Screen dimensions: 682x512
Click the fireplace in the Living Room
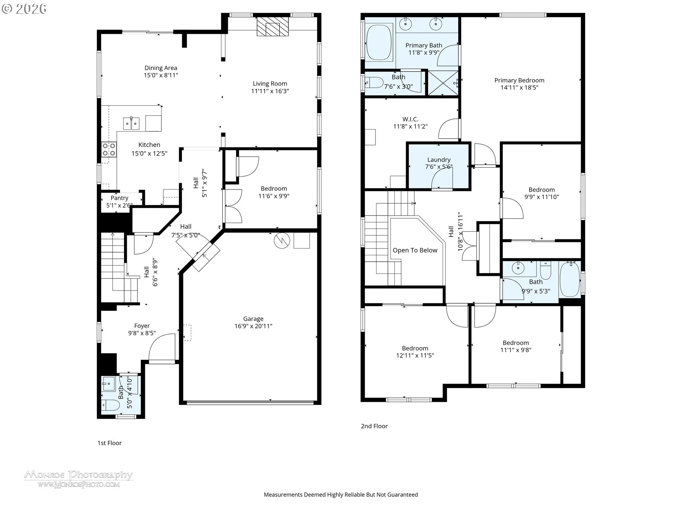(272, 27)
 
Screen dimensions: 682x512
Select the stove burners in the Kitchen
(109, 149)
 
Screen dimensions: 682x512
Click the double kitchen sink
(131, 123)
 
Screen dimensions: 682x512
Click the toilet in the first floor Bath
(110, 405)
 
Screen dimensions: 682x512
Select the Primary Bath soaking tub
(379, 42)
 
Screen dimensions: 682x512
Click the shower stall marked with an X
(443, 83)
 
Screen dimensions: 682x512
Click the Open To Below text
(415, 250)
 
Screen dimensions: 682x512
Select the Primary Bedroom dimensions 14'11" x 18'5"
(519, 87)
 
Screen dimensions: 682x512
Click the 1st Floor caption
(109, 443)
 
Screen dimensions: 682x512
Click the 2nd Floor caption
(374, 426)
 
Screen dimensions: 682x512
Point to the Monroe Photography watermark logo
(79, 478)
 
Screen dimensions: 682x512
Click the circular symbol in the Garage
(282, 240)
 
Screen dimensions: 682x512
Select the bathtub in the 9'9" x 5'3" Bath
(569, 279)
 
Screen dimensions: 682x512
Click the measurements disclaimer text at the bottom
(341, 495)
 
